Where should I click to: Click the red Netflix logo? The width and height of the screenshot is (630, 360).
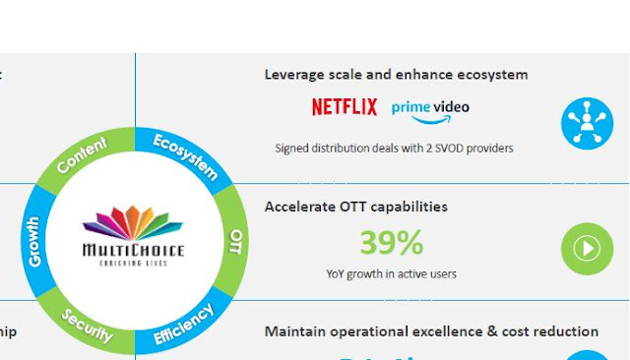click(345, 107)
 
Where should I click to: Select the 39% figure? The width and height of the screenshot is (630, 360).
click(391, 242)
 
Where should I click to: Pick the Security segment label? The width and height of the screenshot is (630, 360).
click(87, 326)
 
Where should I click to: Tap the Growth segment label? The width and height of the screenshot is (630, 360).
click(35, 242)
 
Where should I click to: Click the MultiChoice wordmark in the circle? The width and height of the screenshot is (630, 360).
click(133, 251)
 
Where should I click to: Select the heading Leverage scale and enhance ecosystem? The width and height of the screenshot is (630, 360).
click(396, 75)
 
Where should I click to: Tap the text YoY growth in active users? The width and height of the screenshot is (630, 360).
click(391, 274)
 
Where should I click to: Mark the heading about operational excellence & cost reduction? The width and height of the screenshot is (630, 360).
click(431, 332)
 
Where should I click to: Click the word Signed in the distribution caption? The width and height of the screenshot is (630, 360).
click(292, 149)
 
